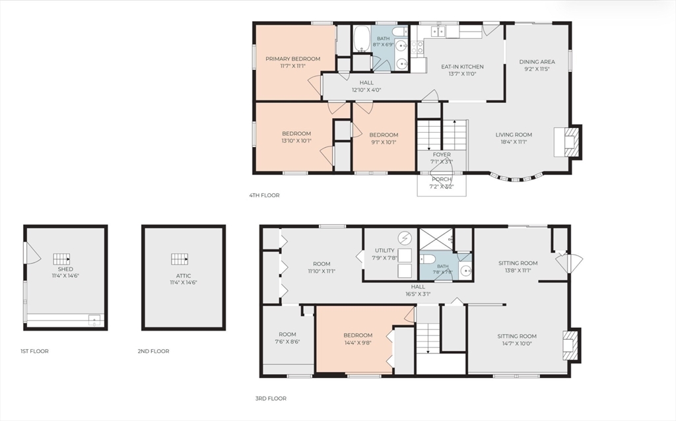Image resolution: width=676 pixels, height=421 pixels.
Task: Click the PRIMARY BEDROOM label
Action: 292,59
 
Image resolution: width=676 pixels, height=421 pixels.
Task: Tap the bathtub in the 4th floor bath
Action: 362,39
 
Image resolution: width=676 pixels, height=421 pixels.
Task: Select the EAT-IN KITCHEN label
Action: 462,67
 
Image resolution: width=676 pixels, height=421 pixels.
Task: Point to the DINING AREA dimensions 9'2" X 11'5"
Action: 537,69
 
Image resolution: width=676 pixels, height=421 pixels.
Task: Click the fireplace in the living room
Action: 568,141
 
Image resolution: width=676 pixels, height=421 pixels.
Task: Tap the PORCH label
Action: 442,179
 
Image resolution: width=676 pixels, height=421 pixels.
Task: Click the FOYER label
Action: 442,154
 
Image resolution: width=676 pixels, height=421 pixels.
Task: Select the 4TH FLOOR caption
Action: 264,195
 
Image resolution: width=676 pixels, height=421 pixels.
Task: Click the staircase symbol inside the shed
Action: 61,259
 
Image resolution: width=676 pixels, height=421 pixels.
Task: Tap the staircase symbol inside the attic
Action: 180,259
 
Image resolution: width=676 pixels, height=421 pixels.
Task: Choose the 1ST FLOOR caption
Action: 34,351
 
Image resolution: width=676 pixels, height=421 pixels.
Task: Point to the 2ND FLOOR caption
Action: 153,351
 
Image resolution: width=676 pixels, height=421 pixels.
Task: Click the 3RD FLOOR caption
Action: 271,399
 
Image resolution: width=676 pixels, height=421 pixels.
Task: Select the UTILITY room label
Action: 385,250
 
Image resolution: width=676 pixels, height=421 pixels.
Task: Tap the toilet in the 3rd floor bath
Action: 427,259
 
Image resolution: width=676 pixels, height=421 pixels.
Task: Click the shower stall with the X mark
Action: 436,239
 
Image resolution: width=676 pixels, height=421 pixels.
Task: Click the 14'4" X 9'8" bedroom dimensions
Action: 358,343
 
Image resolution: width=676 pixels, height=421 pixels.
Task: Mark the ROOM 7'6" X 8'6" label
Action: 287,338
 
